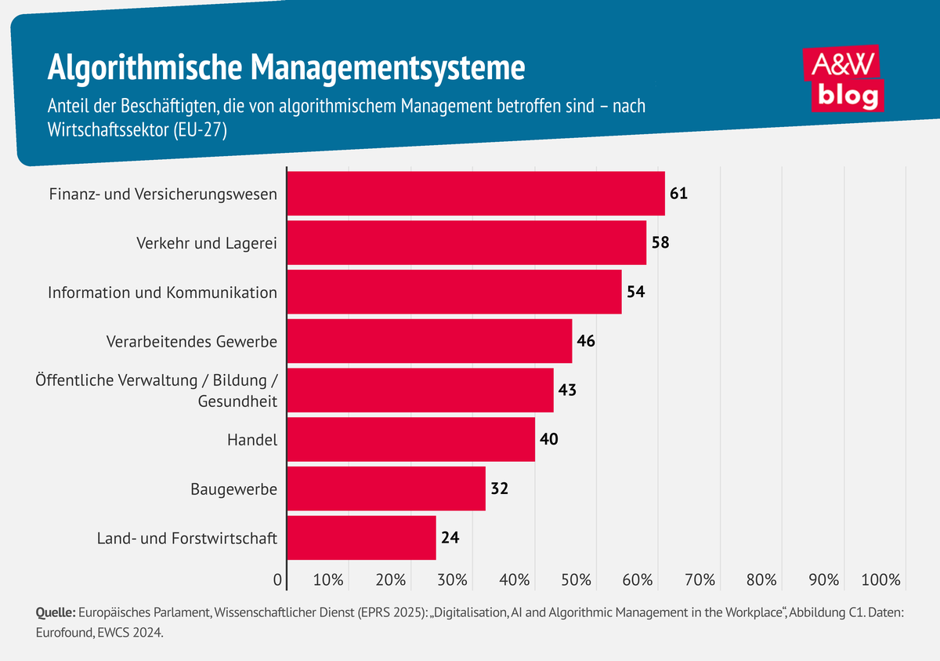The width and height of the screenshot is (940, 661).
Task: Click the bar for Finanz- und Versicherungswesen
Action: click(475, 194)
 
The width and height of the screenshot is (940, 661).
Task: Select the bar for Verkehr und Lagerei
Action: click(466, 243)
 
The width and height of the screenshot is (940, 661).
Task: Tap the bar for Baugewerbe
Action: click(386, 488)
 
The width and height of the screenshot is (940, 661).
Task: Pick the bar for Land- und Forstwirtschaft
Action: click(361, 538)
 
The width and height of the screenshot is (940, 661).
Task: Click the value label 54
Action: click(636, 292)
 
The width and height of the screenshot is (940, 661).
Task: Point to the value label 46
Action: click(586, 341)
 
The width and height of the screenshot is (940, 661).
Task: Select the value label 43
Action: click(567, 390)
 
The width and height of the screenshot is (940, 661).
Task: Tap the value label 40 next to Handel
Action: click(548, 439)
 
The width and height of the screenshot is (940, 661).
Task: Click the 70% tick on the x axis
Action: click(700, 580)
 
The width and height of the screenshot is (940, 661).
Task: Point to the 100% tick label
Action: click(881, 580)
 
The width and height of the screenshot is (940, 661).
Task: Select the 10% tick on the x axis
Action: click(328, 580)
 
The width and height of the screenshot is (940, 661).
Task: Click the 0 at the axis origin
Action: click(277, 580)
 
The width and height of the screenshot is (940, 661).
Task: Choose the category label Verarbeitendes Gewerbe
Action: click(191, 342)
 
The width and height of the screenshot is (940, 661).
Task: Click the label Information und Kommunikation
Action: click(162, 292)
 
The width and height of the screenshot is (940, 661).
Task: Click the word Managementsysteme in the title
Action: click(389, 68)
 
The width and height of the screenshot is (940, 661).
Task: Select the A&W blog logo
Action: click(844, 79)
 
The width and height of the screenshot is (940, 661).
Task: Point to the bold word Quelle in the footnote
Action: click(55, 612)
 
